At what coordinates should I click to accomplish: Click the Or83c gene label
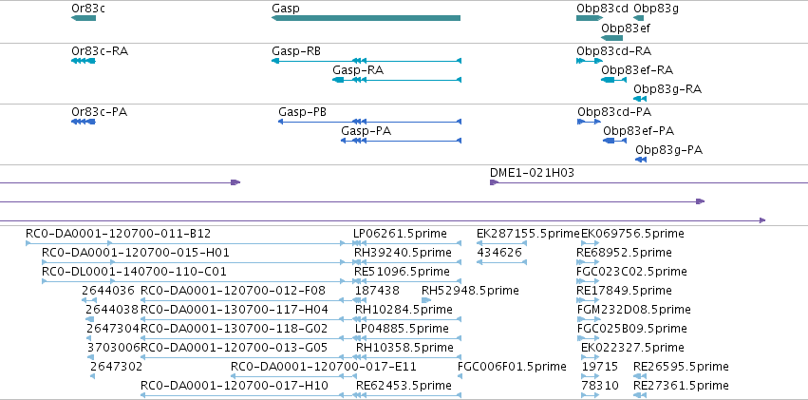click(85, 9)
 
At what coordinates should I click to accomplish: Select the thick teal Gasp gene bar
click(366, 18)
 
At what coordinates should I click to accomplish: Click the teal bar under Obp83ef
click(611, 38)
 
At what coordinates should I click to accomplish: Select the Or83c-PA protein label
click(100, 112)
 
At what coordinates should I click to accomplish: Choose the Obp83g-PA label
click(668, 150)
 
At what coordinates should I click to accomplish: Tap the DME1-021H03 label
click(532, 173)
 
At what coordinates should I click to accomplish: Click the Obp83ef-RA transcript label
click(637, 70)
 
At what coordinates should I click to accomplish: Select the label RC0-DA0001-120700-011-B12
click(118, 234)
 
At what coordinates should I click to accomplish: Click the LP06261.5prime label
click(400, 234)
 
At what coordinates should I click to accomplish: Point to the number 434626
click(499, 253)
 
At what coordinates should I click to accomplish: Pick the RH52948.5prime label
click(470, 290)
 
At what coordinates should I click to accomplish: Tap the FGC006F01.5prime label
click(512, 367)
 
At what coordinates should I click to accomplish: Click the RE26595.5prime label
click(681, 367)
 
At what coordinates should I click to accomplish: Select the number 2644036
click(108, 290)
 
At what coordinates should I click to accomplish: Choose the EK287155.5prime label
click(528, 234)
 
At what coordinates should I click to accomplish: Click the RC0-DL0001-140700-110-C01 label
click(134, 271)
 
